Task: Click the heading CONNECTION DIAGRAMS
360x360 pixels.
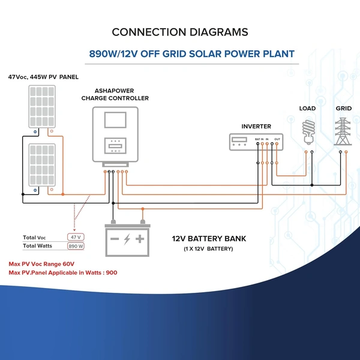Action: tap(180, 32)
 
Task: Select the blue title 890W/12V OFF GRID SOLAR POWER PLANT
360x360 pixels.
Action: tap(192, 54)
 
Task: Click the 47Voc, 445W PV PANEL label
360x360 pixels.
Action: tap(43, 77)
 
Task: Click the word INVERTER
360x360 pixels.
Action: tap(256, 127)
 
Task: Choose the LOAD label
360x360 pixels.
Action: tap(308, 109)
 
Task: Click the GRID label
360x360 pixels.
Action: tap(343, 109)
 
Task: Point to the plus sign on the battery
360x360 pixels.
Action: tap(140, 239)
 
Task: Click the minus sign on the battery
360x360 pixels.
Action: tap(114, 239)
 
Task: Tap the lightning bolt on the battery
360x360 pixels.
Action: tap(127, 239)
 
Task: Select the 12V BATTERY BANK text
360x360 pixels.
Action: tap(209, 239)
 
